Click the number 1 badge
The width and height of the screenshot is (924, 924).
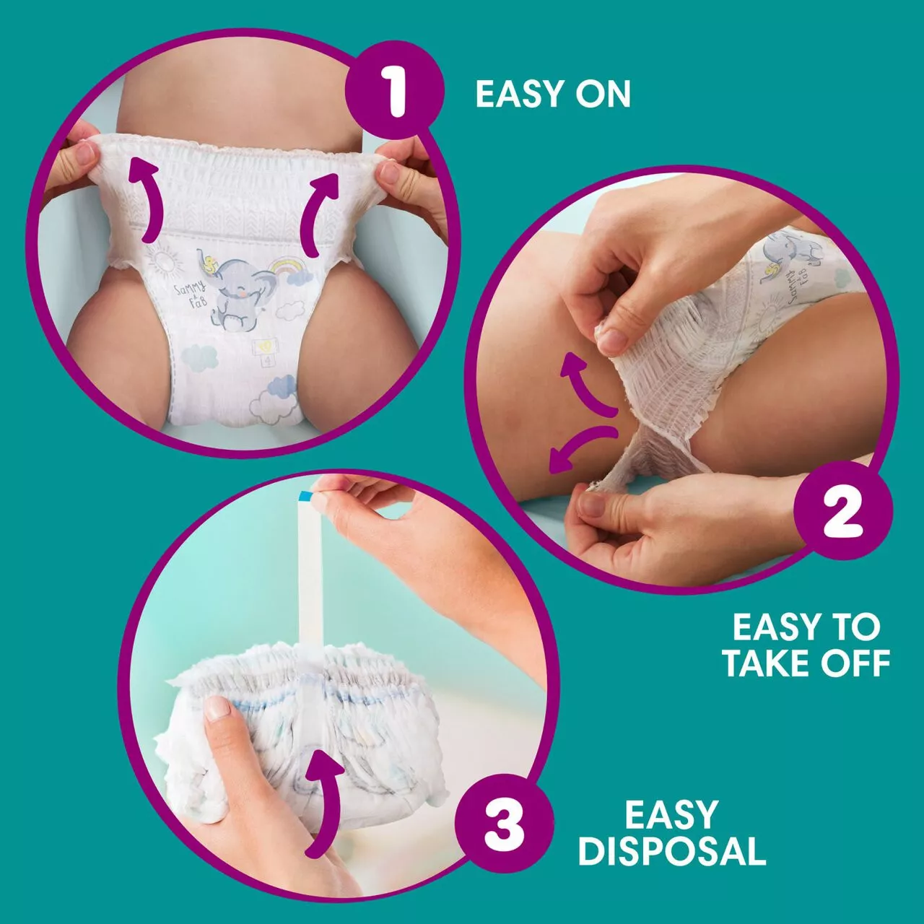click(394, 92)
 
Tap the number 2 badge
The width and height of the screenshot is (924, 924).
click(842, 513)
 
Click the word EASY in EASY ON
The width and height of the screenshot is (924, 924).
click(518, 95)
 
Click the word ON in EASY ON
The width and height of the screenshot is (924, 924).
click(603, 95)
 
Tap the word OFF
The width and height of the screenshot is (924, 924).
click(855, 663)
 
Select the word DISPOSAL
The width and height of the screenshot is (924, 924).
click(671, 851)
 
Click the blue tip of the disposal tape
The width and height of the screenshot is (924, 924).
click(305, 496)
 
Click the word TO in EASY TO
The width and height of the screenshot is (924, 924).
click(857, 627)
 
